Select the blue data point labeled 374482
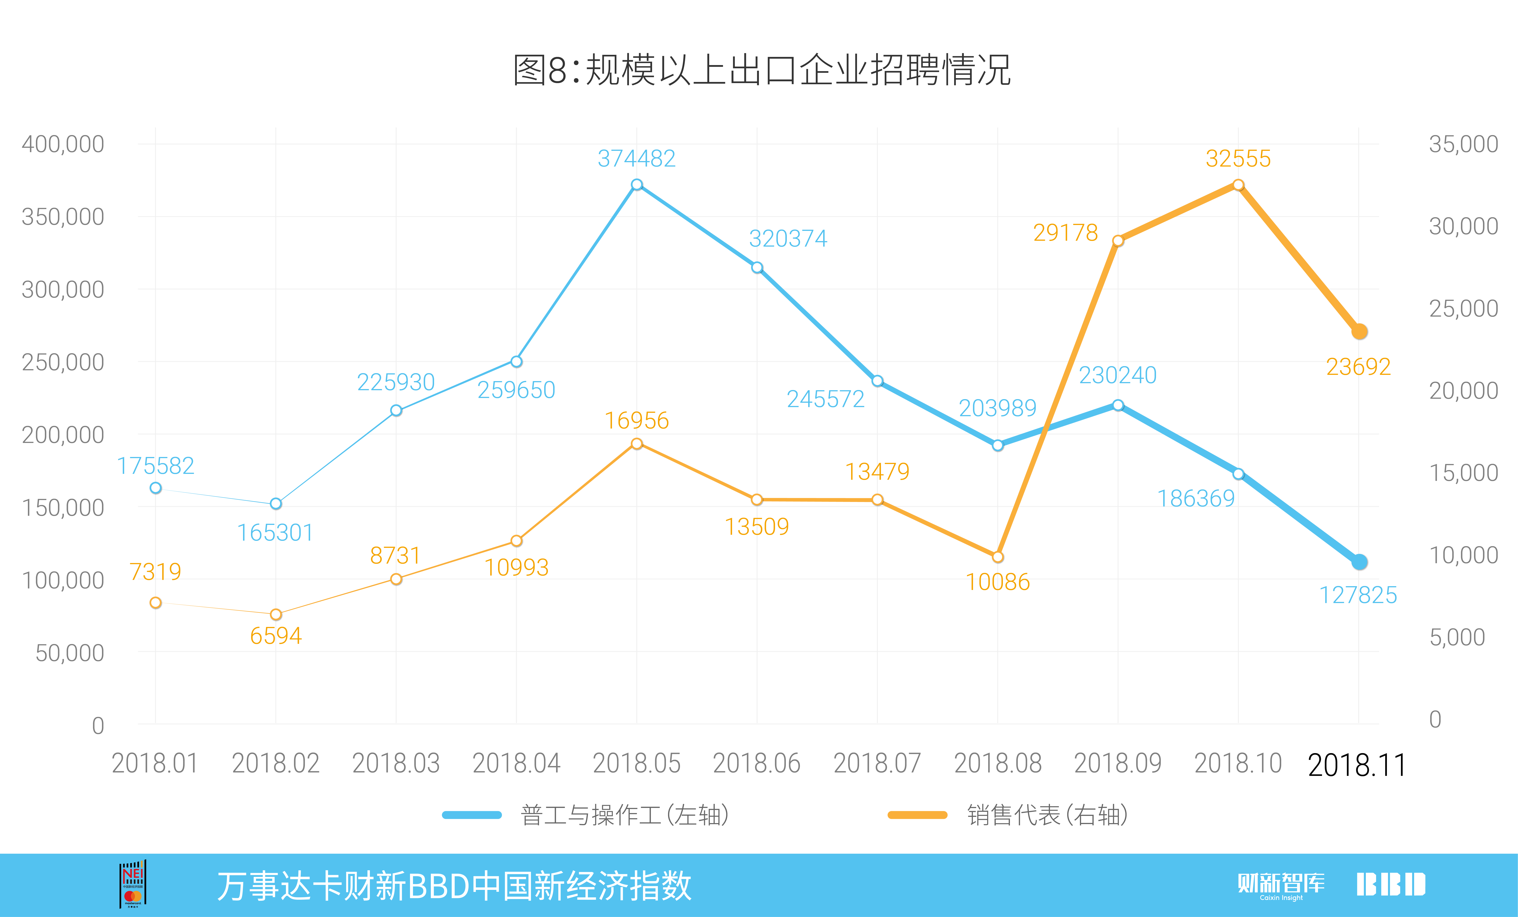click(637, 185)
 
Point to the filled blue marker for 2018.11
click(1359, 562)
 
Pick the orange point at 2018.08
click(998, 557)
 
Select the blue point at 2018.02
click(276, 504)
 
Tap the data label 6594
click(276, 635)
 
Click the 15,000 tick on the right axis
click(1463, 473)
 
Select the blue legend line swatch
click(472, 815)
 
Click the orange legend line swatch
click(917, 815)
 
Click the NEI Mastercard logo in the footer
click(132, 884)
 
